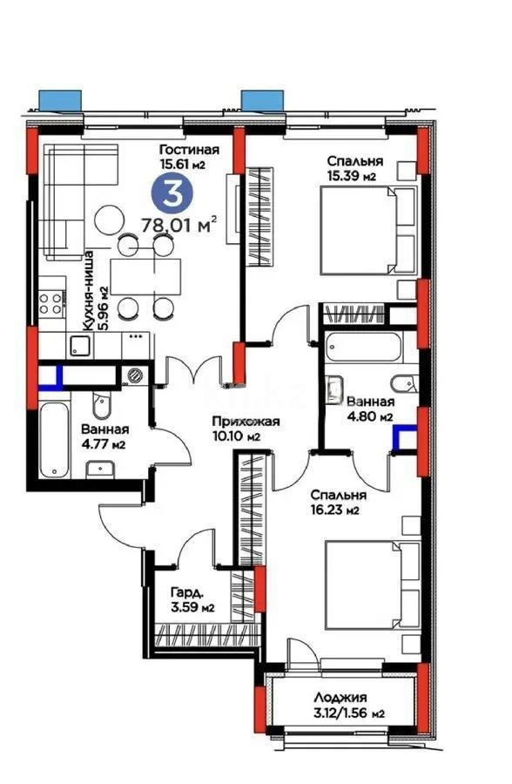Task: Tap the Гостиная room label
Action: coord(189,149)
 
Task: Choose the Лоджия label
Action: coord(341,697)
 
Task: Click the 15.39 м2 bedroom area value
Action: coord(352,177)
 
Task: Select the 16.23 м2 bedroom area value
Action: coord(336,510)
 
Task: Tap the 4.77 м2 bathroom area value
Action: coord(106,445)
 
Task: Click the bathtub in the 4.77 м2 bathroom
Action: coord(54,441)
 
